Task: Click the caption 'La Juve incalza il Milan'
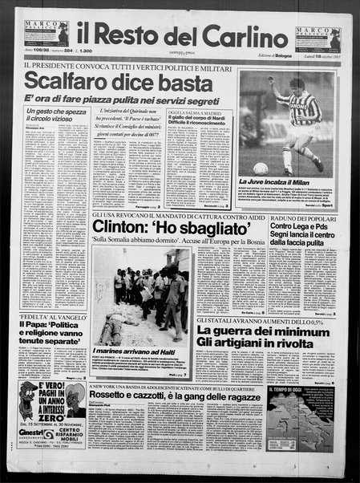281,184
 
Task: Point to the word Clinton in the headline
127,227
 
